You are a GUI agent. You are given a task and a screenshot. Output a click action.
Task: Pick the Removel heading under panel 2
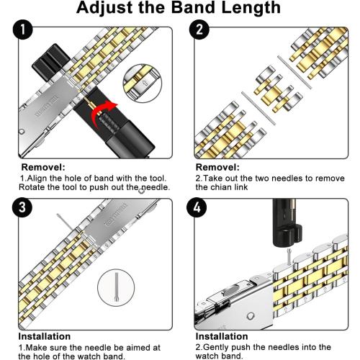tap(217, 166)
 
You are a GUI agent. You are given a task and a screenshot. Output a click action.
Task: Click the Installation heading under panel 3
tap(45, 336)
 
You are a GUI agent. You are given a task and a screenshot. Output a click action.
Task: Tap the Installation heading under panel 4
tap(221, 336)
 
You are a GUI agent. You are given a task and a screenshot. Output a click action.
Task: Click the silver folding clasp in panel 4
tap(230, 302)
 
